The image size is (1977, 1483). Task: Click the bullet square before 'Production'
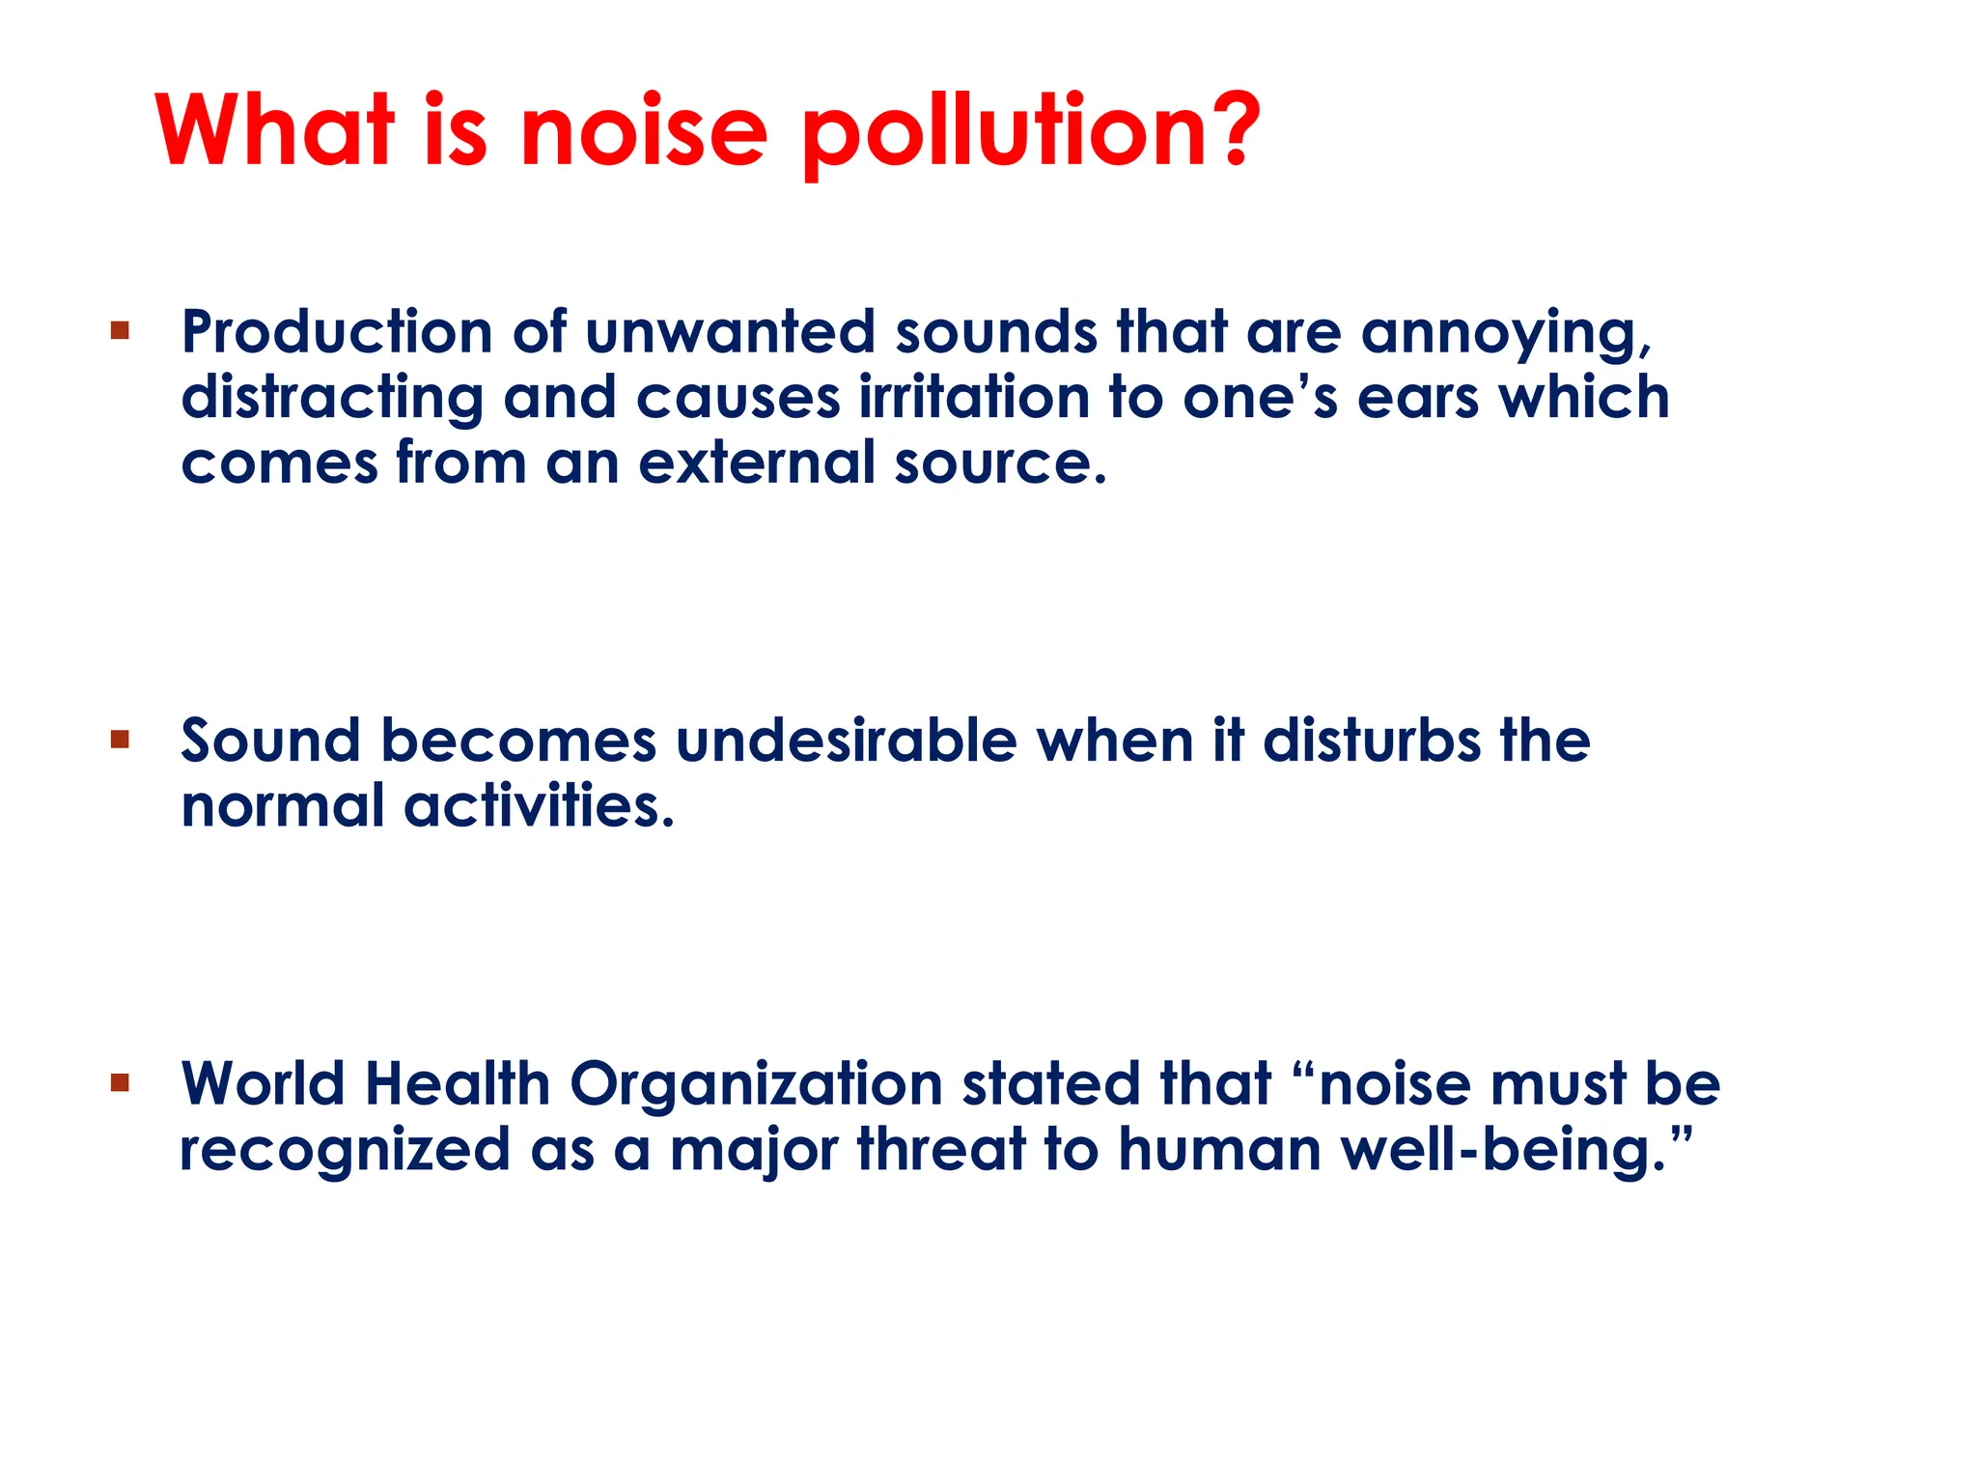pyautogui.click(x=120, y=332)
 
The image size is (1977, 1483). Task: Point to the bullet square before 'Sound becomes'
pyautogui.click(x=120, y=741)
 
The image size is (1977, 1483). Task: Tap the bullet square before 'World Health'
pyautogui.click(x=120, y=1082)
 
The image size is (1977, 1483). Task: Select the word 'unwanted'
pyautogui.click(x=729, y=332)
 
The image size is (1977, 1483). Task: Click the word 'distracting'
pyautogui.click(x=332, y=398)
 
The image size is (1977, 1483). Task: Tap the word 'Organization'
pyautogui.click(x=756, y=1085)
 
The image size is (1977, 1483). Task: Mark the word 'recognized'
pyautogui.click(x=345, y=1151)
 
